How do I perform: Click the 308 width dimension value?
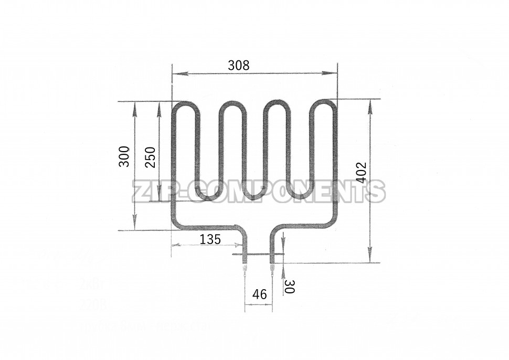239,66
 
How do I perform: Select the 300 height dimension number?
124,156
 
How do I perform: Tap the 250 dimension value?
150,156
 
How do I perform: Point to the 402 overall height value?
362,172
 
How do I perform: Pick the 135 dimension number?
210,239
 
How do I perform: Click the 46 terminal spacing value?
260,294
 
